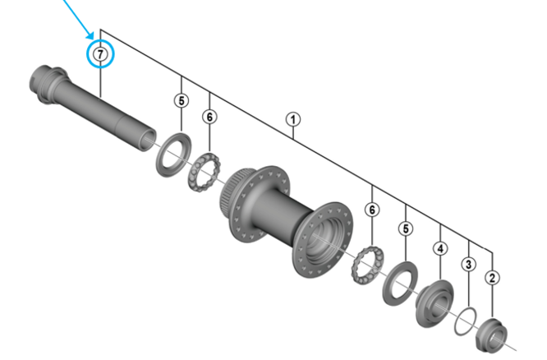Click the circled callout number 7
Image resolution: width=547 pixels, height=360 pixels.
coord(100,53)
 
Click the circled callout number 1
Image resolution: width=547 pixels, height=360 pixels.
coord(293,119)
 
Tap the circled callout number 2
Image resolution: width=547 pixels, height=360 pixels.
coord(492,278)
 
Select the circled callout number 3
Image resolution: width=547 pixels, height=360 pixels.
coord(468,264)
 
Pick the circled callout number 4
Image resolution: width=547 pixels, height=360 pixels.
coord(440,248)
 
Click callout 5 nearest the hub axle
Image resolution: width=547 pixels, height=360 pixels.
coord(182,100)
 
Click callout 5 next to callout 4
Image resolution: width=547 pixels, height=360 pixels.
coord(406,229)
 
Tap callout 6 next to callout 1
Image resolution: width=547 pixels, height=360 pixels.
coord(209,117)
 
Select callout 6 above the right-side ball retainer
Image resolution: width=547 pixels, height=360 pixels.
coord(372,210)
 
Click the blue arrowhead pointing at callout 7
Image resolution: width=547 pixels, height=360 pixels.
coord(90,35)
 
